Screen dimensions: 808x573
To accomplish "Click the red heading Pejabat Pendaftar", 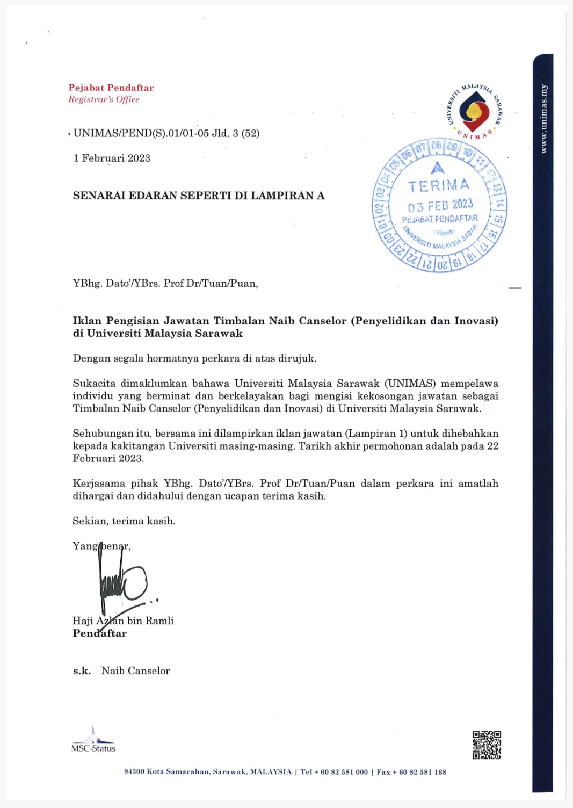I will tap(111, 88).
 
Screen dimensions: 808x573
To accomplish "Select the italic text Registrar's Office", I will tap(104, 99).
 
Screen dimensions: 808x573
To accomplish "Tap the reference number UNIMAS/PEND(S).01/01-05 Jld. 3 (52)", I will tap(166, 133).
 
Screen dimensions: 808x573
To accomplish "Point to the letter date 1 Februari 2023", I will tap(112, 158).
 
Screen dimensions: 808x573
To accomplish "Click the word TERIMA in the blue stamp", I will tap(438, 186).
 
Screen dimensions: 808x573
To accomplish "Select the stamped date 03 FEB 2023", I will tap(440, 205).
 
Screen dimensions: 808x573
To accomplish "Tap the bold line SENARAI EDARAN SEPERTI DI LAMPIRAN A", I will tap(199, 196).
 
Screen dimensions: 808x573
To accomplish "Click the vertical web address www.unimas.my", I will tap(543, 119).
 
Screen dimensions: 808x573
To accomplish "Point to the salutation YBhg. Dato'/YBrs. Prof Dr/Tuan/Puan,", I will tap(165, 283).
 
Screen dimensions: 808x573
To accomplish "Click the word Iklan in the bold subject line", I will tap(87, 321).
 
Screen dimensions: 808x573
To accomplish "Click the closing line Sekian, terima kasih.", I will tap(124, 521).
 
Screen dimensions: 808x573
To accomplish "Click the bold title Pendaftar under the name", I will tap(100, 633).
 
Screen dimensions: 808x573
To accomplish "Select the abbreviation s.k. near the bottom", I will tap(82, 670).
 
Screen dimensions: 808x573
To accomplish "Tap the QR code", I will tap(487, 745).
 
